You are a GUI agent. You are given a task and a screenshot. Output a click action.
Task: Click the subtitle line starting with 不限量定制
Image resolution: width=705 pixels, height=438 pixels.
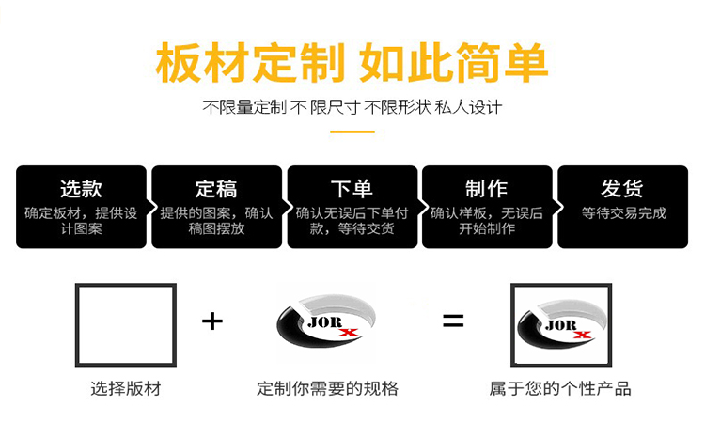tap(352, 107)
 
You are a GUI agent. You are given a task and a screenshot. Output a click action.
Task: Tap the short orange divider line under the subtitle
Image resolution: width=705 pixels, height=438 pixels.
tap(352, 132)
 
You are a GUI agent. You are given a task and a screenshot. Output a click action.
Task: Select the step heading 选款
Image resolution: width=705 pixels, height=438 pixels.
tap(81, 188)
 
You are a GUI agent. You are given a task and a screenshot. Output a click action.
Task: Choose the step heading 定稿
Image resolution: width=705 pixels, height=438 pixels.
tap(216, 188)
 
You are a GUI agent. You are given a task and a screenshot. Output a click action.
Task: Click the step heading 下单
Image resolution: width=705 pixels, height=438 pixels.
tap(352, 188)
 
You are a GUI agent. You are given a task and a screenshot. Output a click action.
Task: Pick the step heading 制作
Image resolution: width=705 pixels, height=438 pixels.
tap(487, 188)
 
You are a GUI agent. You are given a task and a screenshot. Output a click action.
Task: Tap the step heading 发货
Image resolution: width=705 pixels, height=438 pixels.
tap(622, 188)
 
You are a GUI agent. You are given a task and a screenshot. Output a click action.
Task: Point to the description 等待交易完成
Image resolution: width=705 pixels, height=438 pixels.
tap(622, 213)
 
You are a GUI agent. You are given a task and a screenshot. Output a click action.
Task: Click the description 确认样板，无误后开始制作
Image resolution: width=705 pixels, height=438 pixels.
tap(487, 221)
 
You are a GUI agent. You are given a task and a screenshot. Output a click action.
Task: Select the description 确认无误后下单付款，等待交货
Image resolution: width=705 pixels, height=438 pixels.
tap(352, 221)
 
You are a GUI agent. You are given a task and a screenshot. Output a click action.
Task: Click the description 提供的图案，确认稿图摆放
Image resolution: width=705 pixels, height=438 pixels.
tap(216, 221)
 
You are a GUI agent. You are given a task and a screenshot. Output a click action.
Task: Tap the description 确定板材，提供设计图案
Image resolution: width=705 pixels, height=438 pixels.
tap(81, 221)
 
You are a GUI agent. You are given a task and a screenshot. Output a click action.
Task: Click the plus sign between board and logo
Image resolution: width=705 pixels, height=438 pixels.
tap(212, 321)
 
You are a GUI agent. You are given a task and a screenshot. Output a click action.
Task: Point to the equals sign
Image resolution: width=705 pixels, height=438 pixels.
tap(453, 321)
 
